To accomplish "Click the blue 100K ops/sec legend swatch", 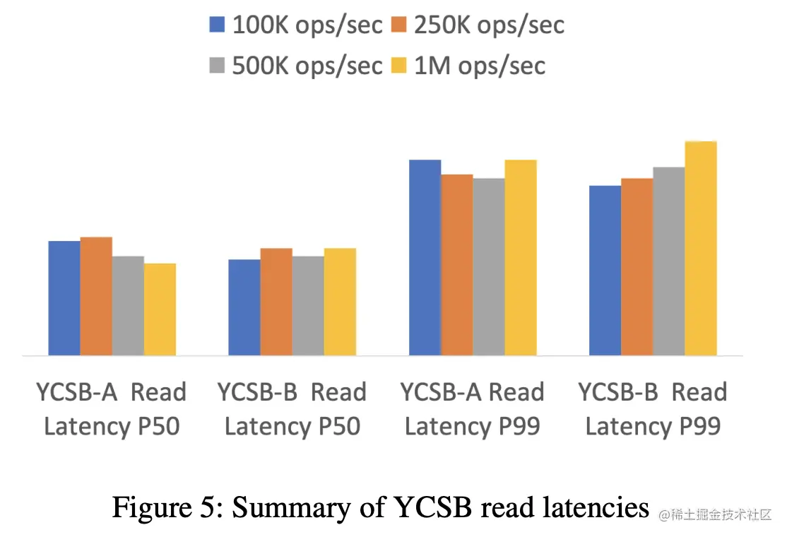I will (217, 25).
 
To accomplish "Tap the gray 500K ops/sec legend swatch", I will (217, 66).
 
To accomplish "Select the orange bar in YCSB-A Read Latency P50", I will (96, 296).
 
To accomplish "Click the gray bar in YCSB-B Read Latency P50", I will (308, 306).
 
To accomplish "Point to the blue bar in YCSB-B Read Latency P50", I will (244, 307).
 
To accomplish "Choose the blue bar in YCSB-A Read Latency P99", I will (425, 258).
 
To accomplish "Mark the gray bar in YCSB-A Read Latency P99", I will (489, 267).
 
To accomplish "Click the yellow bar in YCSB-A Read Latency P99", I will (521, 258).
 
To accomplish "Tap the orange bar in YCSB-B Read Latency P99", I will (637, 267).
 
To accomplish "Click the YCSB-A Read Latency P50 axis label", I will (112, 409).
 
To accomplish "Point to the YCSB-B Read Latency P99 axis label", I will (653, 409).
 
